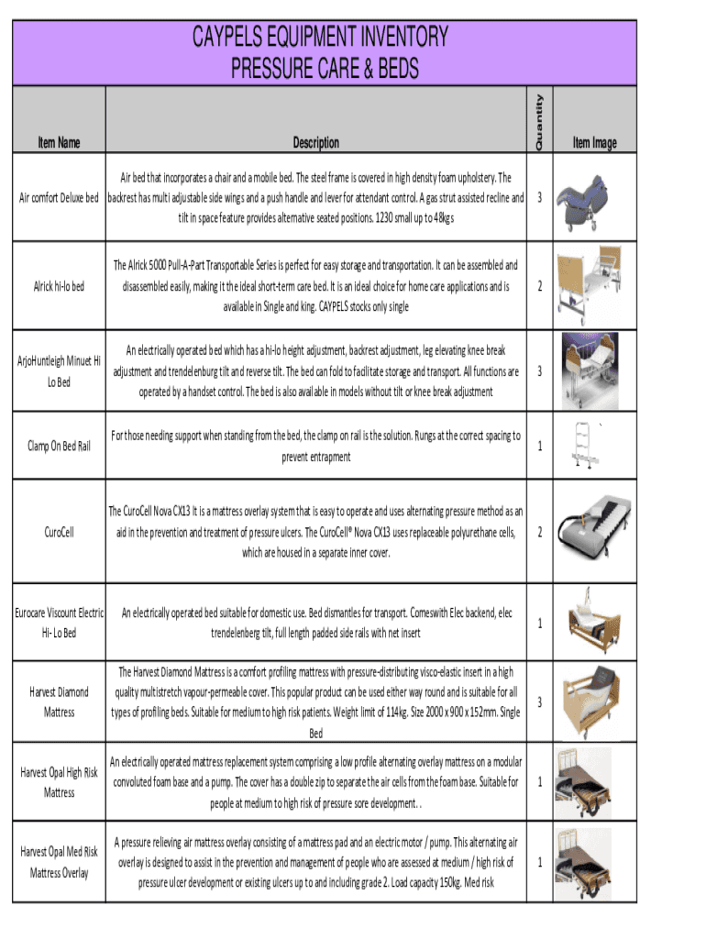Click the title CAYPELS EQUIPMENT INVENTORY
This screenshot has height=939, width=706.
coord(319,38)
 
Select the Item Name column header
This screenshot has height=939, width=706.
coord(60,143)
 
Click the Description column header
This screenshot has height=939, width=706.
coord(316,143)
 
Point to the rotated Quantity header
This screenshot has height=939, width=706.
coord(540,123)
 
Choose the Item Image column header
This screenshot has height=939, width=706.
coord(594,143)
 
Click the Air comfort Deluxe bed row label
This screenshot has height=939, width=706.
coord(60,198)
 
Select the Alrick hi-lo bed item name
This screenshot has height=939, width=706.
coord(60,287)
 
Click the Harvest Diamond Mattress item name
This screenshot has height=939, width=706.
coord(60,701)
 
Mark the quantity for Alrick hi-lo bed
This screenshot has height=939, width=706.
coord(540,287)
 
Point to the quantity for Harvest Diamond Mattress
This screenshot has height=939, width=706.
coord(540,702)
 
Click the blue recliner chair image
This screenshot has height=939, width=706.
coord(585,196)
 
